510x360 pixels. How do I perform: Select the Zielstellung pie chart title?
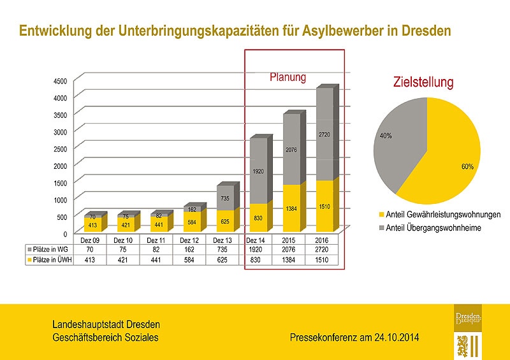click(423, 83)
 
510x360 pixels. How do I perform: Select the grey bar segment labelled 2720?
click(324, 135)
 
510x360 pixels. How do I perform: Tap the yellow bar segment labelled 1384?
click(291, 208)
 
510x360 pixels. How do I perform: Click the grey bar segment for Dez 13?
click(225, 198)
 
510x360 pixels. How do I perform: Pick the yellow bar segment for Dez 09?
click(92, 224)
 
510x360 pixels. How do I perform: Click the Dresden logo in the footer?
click(469, 331)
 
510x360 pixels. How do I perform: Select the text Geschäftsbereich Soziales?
click(105, 337)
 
